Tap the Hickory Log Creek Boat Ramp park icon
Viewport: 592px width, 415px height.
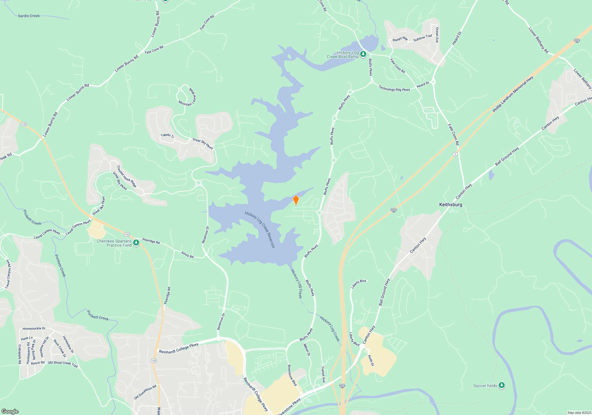click(363, 54)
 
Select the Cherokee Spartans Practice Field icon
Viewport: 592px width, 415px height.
click(136, 243)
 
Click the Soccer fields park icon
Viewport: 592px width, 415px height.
click(501, 385)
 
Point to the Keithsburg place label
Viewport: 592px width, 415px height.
click(451, 205)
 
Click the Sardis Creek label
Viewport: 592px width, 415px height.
click(29, 16)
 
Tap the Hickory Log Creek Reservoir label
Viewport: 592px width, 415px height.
click(260, 230)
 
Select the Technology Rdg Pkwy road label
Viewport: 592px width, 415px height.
click(394, 88)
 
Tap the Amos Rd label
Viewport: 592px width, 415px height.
click(187, 255)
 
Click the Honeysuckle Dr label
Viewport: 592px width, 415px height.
click(34, 328)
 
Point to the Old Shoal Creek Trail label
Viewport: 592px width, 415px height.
click(63, 364)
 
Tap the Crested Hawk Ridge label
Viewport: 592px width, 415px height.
click(127, 176)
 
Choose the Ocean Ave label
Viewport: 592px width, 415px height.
click(437, 35)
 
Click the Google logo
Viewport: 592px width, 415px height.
click(10, 411)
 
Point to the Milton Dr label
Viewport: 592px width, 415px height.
click(307, 350)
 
